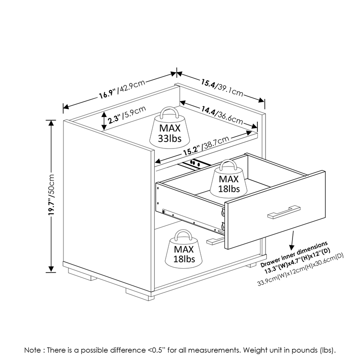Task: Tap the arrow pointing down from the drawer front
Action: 293,241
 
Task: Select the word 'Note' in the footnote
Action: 33,349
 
